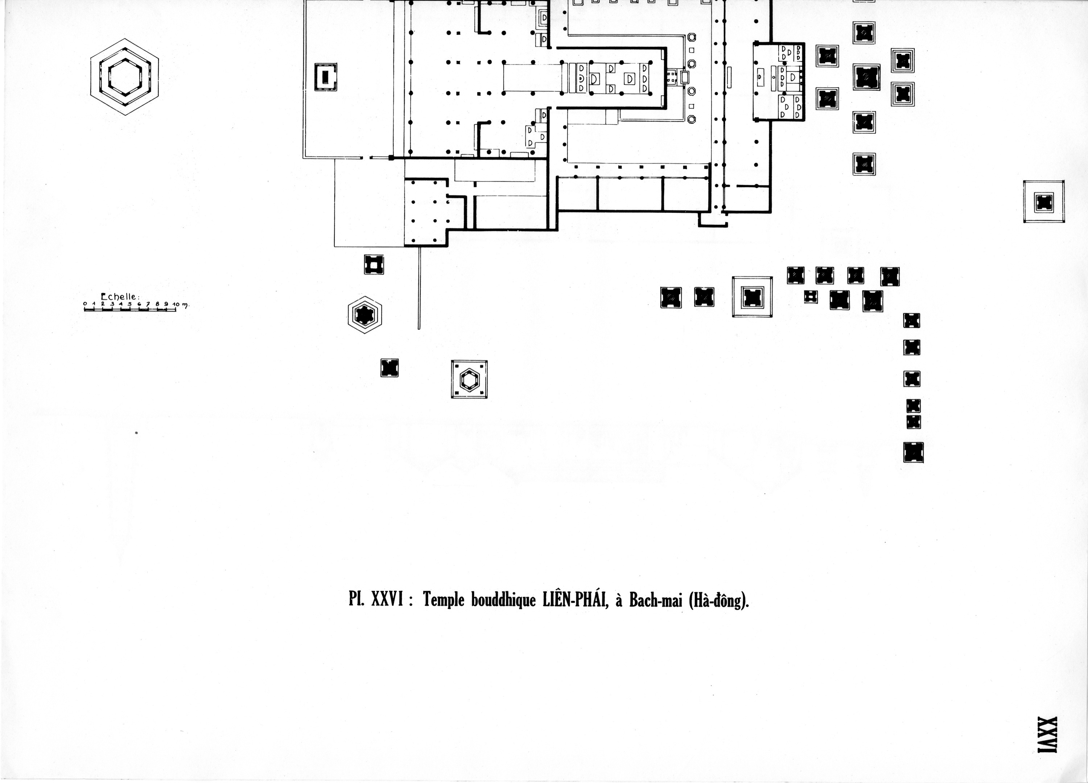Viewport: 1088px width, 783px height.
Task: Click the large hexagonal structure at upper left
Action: click(124, 77)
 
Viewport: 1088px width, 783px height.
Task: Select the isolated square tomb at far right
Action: click(1044, 202)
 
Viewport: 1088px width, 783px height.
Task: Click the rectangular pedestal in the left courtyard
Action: click(325, 77)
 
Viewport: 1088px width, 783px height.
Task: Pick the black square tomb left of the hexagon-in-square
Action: click(390, 368)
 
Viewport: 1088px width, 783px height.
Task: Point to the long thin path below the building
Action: click(419, 288)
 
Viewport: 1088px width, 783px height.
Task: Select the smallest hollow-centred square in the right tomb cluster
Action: click(810, 297)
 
